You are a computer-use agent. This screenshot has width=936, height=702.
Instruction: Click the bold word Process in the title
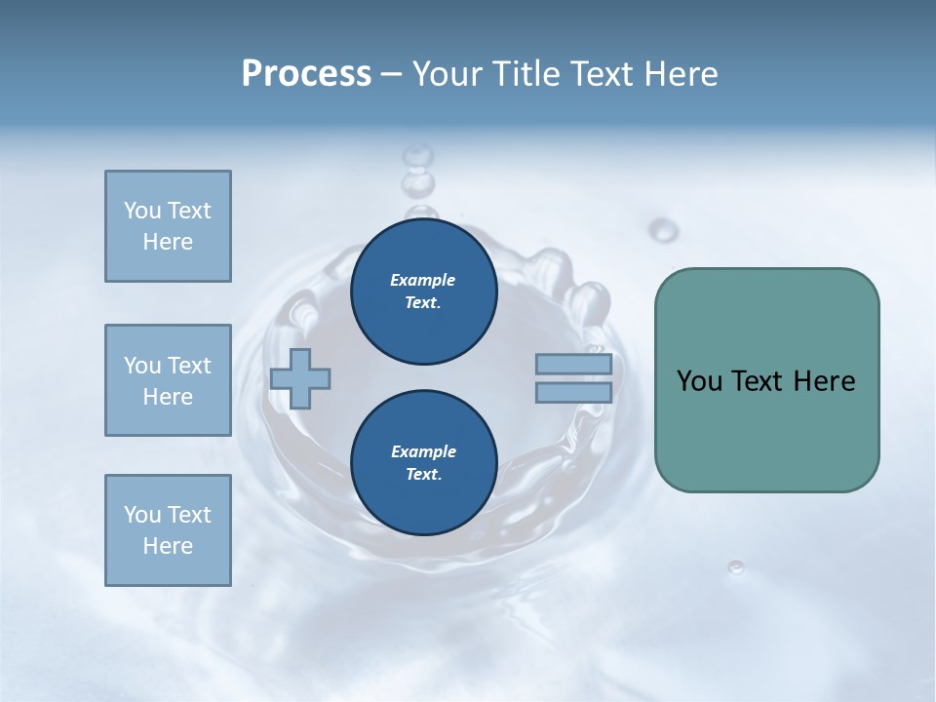(306, 74)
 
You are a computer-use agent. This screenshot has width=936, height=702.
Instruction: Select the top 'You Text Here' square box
(168, 226)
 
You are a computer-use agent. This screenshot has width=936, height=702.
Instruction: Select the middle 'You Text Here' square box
(168, 380)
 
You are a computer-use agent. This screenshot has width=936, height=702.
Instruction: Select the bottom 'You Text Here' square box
(168, 530)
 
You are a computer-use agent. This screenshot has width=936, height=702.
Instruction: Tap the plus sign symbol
(300, 378)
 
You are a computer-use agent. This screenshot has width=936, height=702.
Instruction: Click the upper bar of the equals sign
(573, 365)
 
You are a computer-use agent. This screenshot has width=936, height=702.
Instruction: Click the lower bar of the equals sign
(573, 392)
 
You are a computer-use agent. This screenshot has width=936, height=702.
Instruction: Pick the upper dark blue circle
(423, 292)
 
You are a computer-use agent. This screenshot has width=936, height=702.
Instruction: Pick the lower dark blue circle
(423, 463)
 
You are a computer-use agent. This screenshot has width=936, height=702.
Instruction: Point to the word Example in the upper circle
(423, 280)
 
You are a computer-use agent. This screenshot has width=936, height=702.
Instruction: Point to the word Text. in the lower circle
(423, 475)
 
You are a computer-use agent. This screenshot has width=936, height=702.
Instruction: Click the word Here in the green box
(824, 381)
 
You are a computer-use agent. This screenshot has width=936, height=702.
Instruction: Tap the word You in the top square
(141, 211)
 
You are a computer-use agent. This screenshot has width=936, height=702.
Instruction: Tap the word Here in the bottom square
(168, 546)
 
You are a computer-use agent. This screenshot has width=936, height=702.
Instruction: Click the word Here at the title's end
(683, 74)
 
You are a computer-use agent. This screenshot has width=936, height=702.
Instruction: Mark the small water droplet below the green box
(736, 566)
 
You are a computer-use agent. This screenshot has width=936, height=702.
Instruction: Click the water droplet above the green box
(664, 230)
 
